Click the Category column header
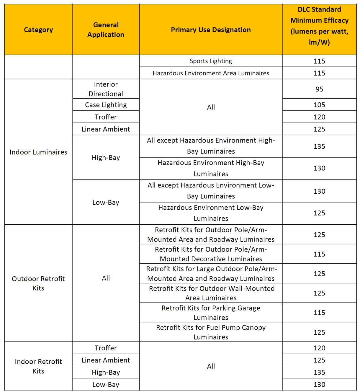[38, 30]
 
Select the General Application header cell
[106, 30]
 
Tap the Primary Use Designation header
[211, 30]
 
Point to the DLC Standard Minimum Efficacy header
[319, 26]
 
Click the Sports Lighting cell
[211, 61]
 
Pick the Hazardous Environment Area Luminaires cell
[211, 73]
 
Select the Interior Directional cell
[106, 89]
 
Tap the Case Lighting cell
[106, 105]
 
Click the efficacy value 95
[319, 89]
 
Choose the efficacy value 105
[319, 105]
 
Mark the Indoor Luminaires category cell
[38, 152]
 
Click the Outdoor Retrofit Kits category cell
[38, 283]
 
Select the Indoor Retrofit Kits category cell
[38, 366]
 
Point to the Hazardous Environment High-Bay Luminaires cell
[211, 168]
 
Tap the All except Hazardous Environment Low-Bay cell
[211, 191]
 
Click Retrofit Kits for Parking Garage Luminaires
[211, 313]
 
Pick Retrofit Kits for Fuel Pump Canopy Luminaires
[211, 332]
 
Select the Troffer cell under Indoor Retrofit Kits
[106, 348]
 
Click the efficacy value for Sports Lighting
[319, 61]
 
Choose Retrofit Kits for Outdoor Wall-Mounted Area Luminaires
[211, 293]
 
